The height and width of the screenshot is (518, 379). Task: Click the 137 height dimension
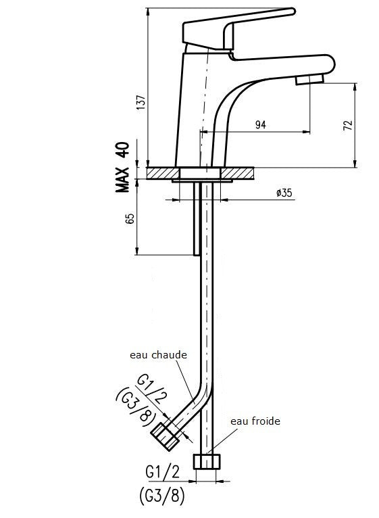(x=141, y=101)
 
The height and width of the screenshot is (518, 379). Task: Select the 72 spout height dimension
(x=347, y=126)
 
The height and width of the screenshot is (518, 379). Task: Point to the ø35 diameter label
(x=284, y=193)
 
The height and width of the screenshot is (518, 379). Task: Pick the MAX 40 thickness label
(x=122, y=168)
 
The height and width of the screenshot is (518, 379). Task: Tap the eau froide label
(x=255, y=421)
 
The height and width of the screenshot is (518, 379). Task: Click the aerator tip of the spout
(x=310, y=80)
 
